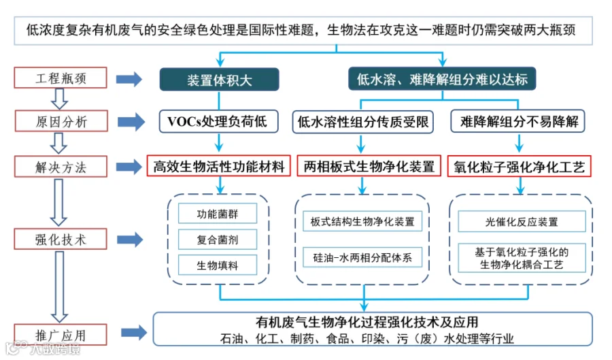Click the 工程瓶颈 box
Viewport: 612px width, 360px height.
[61, 78]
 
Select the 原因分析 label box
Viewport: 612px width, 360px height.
[61, 121]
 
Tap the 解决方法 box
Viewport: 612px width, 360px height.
[61, 167]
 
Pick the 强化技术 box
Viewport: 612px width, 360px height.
[61, 239]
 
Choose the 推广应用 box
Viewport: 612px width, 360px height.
[61, 335]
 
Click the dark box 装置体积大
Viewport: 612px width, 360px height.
[220, 80]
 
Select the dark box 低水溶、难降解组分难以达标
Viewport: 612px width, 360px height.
[442, 79]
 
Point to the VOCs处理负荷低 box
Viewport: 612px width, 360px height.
[218, 121]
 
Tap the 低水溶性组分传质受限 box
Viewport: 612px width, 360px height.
[363, 122]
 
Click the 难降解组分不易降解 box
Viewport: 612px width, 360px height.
[518, 121]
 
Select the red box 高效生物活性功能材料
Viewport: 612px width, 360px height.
[218, 166]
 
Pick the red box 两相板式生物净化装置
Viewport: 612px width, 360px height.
[369, 166]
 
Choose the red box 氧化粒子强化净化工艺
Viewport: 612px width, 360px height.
[519, 166]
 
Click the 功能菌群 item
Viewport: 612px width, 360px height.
[218, 214]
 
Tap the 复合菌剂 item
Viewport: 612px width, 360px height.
[218, 240]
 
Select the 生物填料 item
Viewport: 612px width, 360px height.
[218, 265]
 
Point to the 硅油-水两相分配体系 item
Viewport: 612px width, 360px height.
[362, 257]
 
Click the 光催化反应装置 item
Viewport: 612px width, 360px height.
[522, 221]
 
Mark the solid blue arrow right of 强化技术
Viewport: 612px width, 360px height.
[130, 240]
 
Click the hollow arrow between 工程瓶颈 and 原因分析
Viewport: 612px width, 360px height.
[60, 99]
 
